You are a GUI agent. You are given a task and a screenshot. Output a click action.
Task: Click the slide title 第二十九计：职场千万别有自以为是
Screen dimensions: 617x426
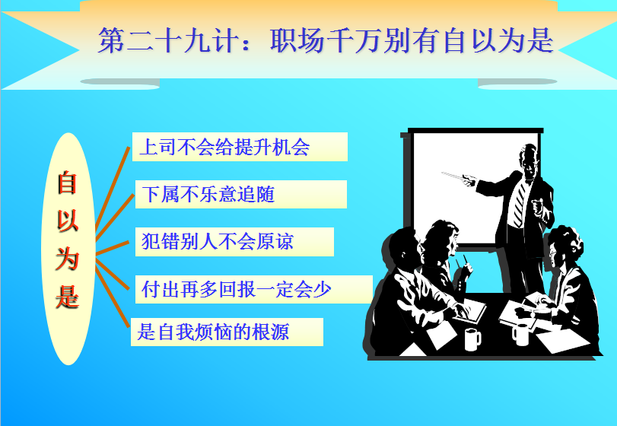coord(326,40)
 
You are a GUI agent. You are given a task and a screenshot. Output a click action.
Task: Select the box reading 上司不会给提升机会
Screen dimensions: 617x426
coord(240,147)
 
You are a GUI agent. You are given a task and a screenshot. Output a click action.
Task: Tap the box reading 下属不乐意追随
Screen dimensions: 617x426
coord(241,194)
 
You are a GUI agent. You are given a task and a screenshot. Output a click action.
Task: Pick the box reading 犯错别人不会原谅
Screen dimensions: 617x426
coord(234,241)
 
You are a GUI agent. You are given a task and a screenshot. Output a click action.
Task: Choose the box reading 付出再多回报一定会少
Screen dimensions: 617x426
coord(254,289)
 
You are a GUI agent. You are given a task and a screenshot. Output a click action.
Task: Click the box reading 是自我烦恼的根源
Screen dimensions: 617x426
coord(227,332)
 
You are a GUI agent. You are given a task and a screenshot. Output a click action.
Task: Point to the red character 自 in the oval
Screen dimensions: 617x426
coord(67,182)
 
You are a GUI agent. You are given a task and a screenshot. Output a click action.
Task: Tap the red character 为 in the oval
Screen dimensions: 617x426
coord(68,259)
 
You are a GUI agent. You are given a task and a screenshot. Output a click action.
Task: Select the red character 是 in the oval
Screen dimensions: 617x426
coord(68,296)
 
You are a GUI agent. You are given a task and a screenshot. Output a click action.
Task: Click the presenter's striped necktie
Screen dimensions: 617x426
coord(520,203)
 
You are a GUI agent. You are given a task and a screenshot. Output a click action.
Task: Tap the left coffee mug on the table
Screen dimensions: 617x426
coord(472,339)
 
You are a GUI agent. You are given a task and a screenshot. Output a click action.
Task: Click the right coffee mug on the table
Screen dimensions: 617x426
coord(520,335)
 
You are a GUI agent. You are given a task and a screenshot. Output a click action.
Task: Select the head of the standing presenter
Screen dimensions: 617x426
coord(529,160)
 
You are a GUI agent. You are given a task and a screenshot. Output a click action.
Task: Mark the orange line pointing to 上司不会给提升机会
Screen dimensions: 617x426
coord(113,189)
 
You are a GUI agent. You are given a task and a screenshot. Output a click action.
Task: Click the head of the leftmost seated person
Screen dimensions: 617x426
coord(402,249)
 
